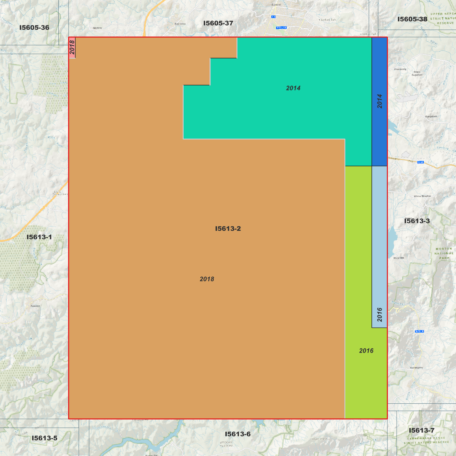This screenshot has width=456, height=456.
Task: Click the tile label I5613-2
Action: tap(228, 228)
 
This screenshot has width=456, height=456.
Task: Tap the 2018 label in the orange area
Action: tap(207, 279)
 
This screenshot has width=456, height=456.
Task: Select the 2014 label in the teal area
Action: tap(293, 88)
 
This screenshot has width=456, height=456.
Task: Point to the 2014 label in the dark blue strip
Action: tap(380, 101)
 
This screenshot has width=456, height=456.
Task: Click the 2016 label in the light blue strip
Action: tap(380, 315)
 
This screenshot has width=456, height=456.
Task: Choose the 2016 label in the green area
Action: tap(366, 351)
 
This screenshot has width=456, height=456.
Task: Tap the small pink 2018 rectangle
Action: tap(72, 48)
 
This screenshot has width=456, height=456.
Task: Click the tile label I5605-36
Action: tap(34, 27)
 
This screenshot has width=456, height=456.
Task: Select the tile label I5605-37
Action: tap(218, 23)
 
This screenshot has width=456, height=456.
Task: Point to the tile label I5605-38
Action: tap(412, 19)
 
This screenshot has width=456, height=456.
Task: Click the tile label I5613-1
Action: tap(39, 237)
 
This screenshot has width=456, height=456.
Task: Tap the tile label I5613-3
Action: tap(417, 221)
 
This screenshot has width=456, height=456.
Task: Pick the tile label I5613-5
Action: tap(44, 438)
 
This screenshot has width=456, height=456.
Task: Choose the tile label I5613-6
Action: tap(238, 434)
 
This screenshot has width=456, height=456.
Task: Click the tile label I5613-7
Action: tap(422, 430)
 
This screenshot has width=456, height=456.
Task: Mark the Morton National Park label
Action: tap(444, 253)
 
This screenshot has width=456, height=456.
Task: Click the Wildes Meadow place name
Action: tap(422, 196)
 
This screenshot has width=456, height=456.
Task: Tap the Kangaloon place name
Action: tap(431, 116)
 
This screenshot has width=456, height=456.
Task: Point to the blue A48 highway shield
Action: tap(420, 162)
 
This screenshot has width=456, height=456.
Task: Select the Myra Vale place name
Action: tap(399, 258)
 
